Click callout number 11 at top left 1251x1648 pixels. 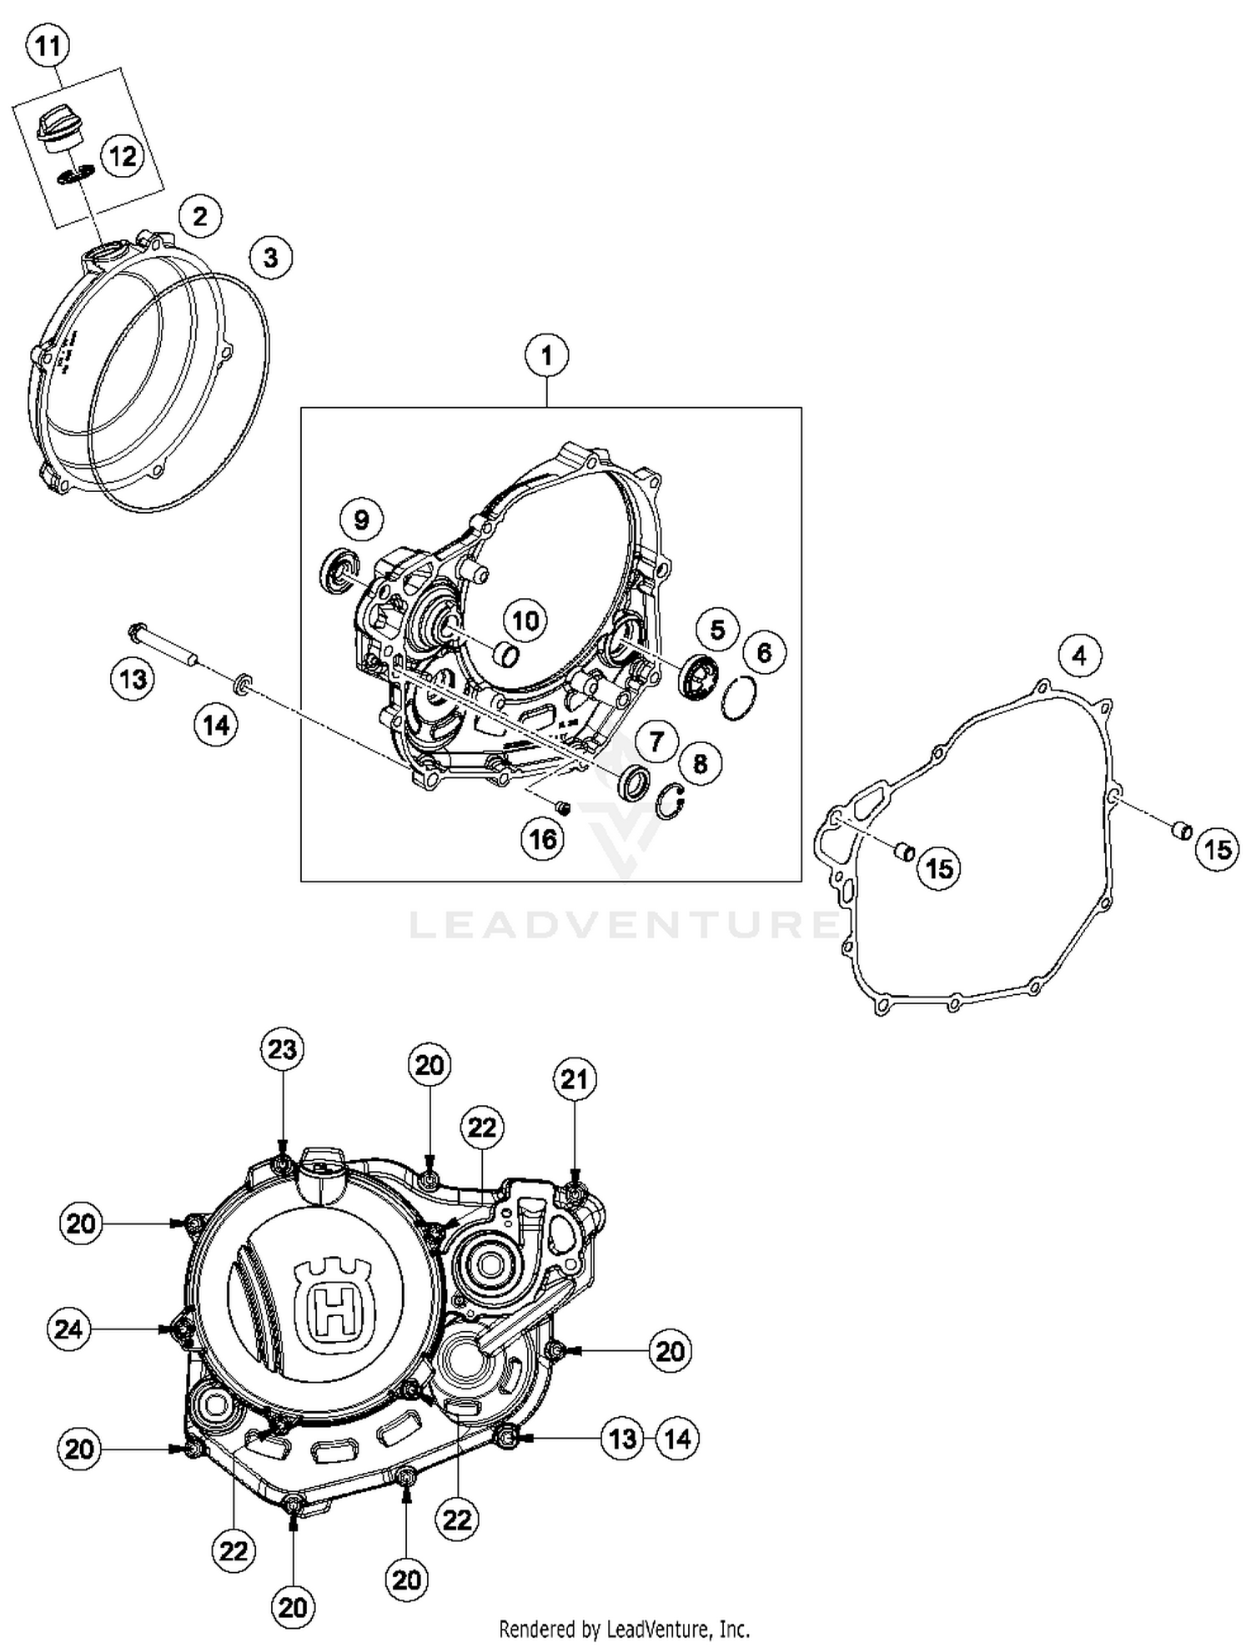[x=48, y=45]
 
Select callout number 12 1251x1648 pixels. [x=123, y=156]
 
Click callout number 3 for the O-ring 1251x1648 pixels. [x=270, y=257]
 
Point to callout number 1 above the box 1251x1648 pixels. [x=546, y=356]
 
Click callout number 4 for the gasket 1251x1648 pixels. [x=1079, y=656]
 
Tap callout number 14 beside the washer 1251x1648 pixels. [x=216, y=725]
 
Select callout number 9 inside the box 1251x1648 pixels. [x=361, y=520]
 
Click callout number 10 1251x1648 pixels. [x=525, y=621]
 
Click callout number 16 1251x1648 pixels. [x=543, y=838]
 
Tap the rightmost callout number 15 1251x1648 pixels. [x=1217, y=850]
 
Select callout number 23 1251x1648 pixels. [x=282, y=1049]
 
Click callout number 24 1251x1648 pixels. [x=68, y=1329]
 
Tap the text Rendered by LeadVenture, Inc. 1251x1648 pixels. [x=624, y=1628]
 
